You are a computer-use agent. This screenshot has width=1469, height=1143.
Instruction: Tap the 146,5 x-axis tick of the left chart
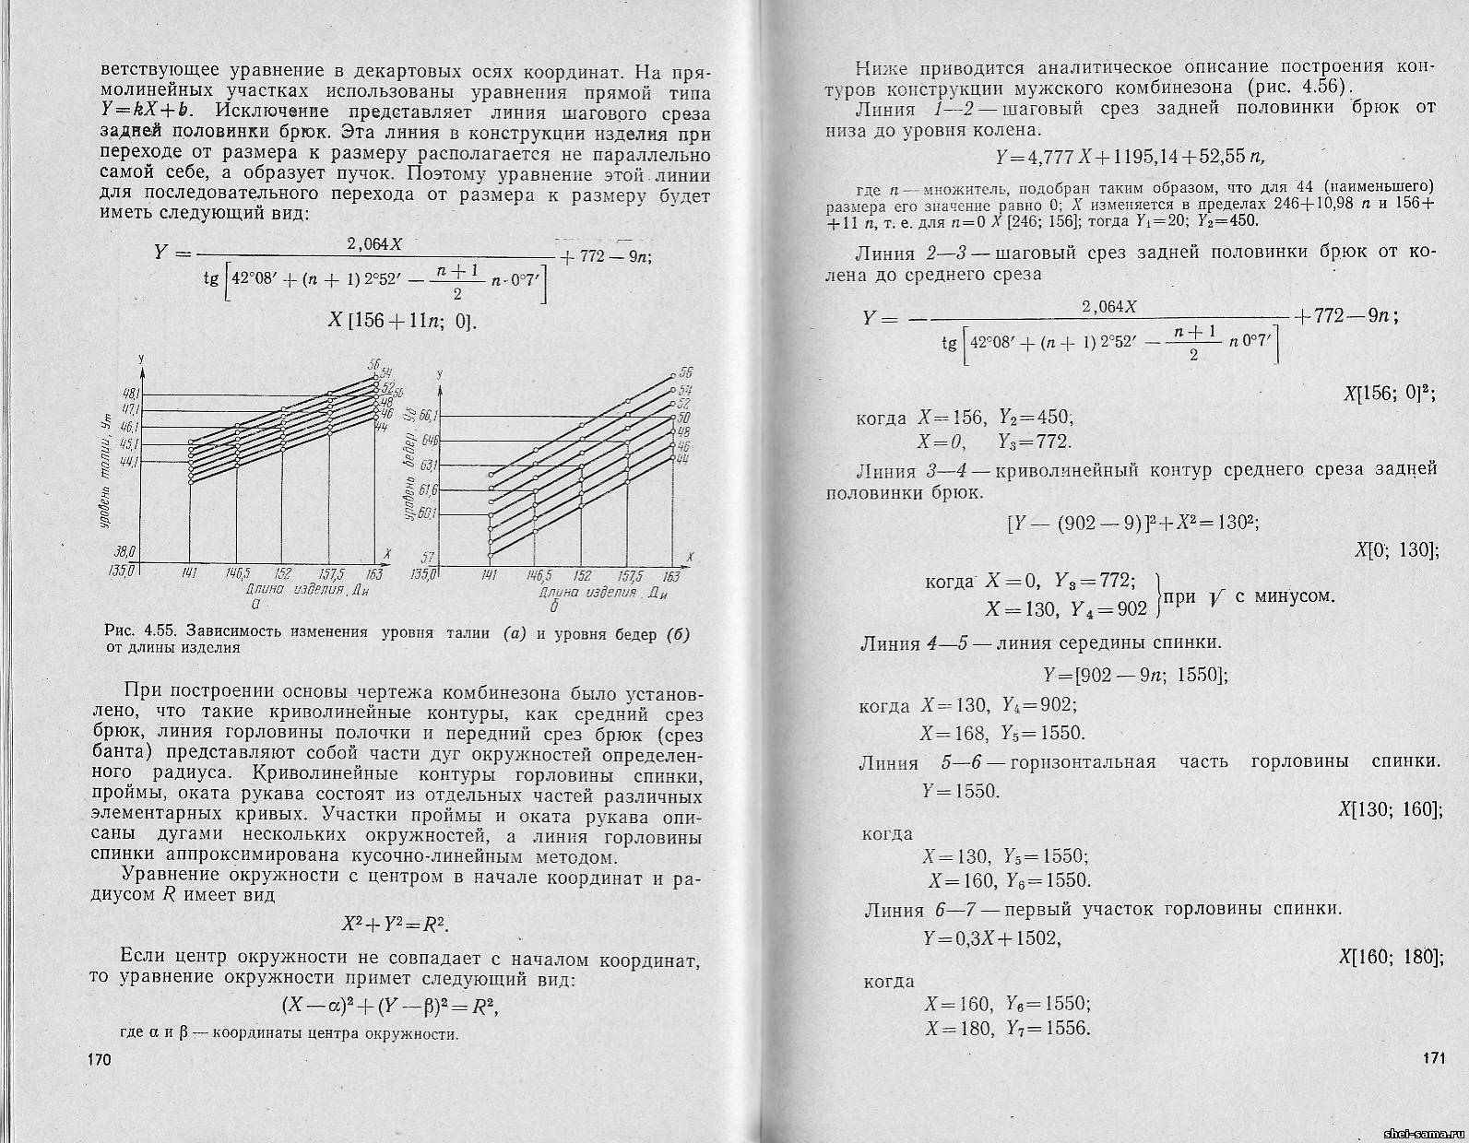239,572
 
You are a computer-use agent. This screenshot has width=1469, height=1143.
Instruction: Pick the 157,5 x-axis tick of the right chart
627,573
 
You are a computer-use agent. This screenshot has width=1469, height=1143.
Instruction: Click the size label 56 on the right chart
686,373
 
